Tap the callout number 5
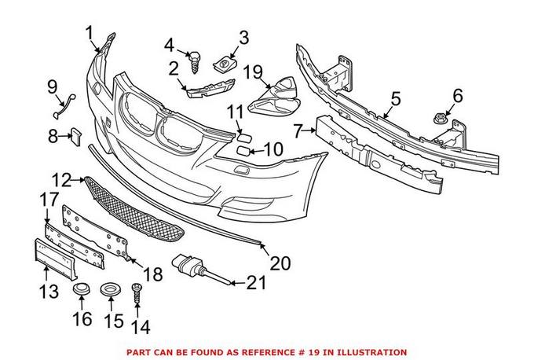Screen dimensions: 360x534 (396, 99)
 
